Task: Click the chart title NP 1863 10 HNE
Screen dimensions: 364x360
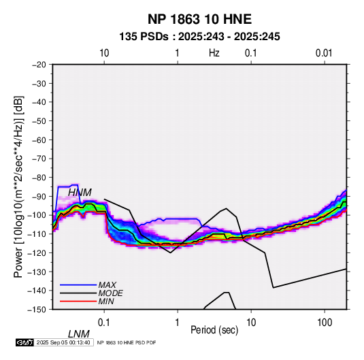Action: coord(199,19)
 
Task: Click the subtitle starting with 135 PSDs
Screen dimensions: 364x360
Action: coord(199,37)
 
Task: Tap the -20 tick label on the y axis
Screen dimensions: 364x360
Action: coord(39,65)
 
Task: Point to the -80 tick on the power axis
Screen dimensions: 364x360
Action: coord(39,178)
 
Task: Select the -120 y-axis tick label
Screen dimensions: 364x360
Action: coord(37,252)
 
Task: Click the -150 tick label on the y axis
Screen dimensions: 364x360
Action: coord(37,310)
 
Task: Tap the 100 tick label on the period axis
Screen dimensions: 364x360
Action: coord(325,323)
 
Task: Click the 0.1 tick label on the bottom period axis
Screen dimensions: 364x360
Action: coord(104,323)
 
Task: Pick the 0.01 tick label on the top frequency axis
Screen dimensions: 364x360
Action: coord(324,53)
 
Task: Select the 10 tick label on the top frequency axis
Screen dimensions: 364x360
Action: coord(104,53)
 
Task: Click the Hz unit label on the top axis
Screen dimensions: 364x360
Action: coord(214,53)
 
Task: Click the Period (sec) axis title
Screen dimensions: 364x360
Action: coord(214,330)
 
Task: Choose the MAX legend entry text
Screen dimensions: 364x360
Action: coord(107,285)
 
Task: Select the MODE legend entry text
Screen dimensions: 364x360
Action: coord(110,293)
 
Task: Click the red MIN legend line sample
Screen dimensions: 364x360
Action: coord(78,301)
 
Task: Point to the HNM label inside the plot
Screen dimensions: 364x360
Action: coord(80,193)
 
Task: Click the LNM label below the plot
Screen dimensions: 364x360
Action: coord(79,334)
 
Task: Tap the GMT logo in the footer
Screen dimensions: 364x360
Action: coord(25,342)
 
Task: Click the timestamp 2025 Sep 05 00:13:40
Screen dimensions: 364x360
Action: coord(63,342)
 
